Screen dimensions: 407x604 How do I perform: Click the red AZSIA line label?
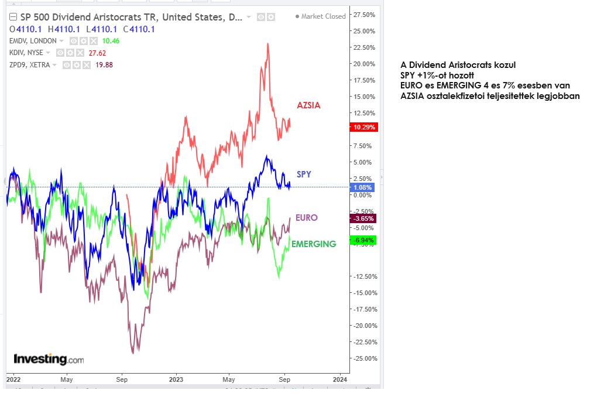[x=308, y=105]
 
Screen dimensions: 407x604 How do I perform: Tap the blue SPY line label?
[x=304, y=175]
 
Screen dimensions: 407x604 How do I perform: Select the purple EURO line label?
[x=307, y=218]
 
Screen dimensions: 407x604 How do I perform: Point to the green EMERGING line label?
[x=314, y=244]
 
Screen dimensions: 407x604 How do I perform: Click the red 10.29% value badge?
[x=363, y=127]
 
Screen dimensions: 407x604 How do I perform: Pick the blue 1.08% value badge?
[x=363, y=187]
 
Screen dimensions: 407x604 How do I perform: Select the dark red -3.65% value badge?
[x=363, y=218]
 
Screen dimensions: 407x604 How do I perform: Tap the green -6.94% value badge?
[x=363, y=240]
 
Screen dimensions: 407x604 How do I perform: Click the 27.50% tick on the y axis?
[x=365, y=14]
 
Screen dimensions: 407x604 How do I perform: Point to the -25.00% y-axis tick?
[x=365, y=358]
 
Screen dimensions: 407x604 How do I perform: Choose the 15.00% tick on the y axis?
[x=365, y=97]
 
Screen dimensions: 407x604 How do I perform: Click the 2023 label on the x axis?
[x=176, y=379]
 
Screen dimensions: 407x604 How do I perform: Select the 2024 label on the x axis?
[x=340, y=379]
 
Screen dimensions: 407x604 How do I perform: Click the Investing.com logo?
[x=49, y=359]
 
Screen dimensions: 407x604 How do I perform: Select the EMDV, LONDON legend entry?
[x=33, y=41]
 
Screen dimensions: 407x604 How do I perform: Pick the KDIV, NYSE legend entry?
[x=26, y=53]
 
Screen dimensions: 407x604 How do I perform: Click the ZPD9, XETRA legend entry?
[x=30, y=65]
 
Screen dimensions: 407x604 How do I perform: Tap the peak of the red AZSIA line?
[x=268, y=44]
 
